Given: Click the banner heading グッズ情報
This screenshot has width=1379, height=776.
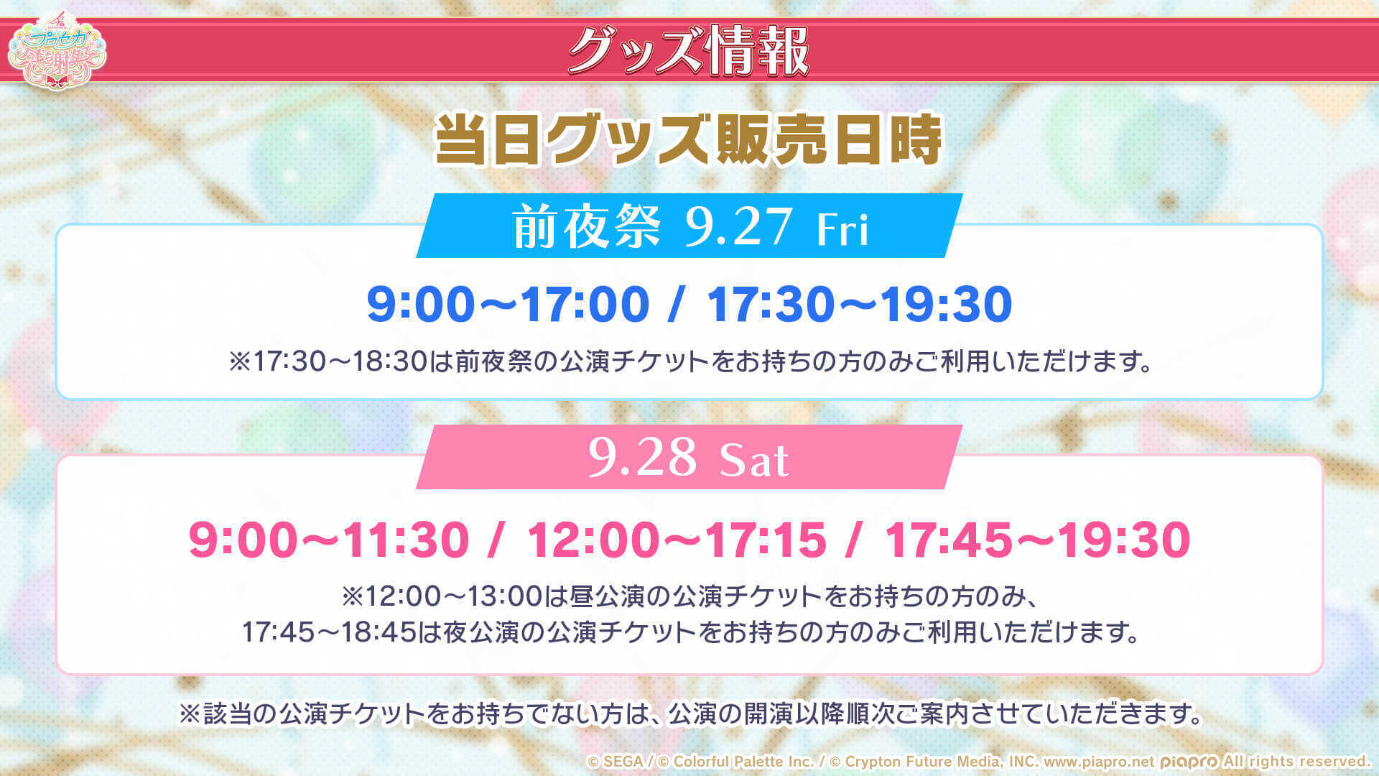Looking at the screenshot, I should click(x=688, y=50).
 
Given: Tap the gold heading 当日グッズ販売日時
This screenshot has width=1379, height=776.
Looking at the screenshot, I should click(x=688, y=139).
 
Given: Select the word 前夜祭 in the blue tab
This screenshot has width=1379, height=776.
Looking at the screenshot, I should click(x=586, y=227).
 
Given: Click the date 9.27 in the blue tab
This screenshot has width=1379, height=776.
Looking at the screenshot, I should click(x=738, y=227).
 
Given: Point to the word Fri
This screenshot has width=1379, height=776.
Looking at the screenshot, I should click(x=842, y=229).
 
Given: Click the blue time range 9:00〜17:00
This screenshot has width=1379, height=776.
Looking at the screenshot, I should click(x=508, y=304).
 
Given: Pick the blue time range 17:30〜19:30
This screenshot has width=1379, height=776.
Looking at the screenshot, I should click(x=860, y=304).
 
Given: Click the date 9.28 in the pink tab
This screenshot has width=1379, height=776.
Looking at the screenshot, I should click(x=642, y=457).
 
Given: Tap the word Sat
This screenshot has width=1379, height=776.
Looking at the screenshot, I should click(x=754, y=460).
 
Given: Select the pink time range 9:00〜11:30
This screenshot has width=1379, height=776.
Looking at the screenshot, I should click(x=328, y=540).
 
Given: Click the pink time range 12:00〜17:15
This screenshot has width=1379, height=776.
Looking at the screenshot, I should click(x=677, y=540).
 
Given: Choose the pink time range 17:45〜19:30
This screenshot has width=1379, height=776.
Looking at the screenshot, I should click(x=1037, y=540).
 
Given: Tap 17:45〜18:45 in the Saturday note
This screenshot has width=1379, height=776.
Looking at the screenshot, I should click(x=329, y=632).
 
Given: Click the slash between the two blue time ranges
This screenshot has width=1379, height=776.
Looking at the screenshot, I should click(x=675, y=304).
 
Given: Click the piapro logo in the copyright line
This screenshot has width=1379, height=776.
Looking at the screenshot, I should click(x=1189, y=762).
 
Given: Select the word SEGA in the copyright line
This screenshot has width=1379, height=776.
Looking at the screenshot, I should click(x=623, y=762).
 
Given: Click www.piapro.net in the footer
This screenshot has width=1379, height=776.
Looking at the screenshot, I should click(x=1098, y=762).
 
